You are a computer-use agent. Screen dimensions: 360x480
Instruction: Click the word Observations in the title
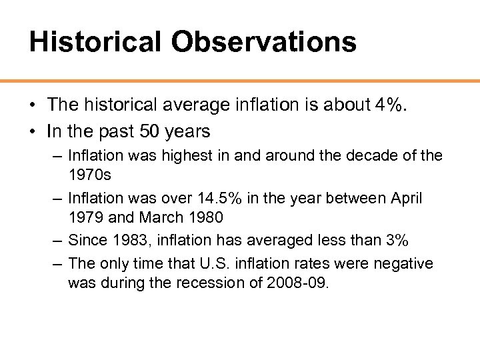click(263, 42)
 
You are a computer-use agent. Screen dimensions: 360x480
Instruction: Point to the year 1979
click(85, 217)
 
